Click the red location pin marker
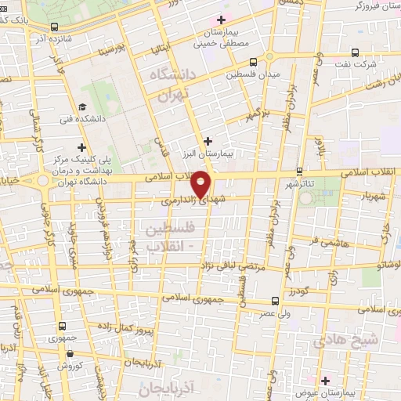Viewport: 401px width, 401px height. (x=202, y=183)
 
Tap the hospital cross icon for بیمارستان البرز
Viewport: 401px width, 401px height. (x=208, y=141)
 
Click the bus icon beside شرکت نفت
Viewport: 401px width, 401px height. (x=356, y=53)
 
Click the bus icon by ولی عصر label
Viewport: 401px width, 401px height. (x=275, y=301)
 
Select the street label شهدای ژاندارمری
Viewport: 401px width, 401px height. (x=189, y=201)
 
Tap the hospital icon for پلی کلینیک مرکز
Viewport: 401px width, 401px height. (x=81, y=146)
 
